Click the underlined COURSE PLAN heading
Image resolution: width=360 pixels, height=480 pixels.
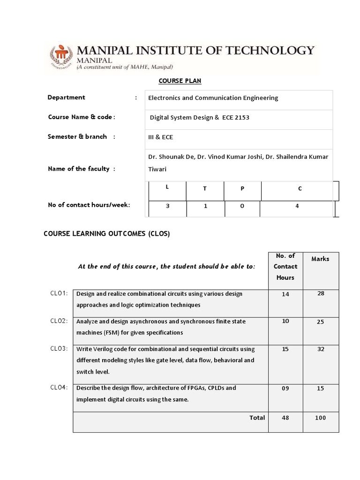click(x=180, y=81)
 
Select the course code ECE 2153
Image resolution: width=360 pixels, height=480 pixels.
click(x=235, y=118)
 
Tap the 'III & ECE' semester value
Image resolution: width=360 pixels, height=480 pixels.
click(x=161, y=137)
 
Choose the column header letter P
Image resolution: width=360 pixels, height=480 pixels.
click(x=242, y=188)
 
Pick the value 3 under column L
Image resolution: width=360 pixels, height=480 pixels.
click(x=167, y=206)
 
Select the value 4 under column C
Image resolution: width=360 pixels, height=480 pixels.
click(x=297, y=206)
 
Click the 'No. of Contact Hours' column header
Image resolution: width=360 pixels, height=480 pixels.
click(x=285, y=267)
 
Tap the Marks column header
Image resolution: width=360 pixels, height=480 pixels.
click(x=321, y=259)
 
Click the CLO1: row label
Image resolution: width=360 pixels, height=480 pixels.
click(x=59, y=293)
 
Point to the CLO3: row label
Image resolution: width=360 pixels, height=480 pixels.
click(x=59, y=349)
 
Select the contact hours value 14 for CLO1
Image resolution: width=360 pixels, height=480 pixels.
click(x=285, y=294)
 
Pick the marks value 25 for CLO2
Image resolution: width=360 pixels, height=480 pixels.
click(x=321, y=322)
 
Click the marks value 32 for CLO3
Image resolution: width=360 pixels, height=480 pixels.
click(x=321, y=349)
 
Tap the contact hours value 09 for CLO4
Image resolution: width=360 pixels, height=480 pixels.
click(x=285, y=389)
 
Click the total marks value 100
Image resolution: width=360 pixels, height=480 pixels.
click(x=321, y=418)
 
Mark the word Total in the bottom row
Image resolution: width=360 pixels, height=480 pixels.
click(x=257, y=418)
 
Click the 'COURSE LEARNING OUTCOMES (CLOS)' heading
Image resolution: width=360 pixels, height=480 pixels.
click(x=106, y=233)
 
